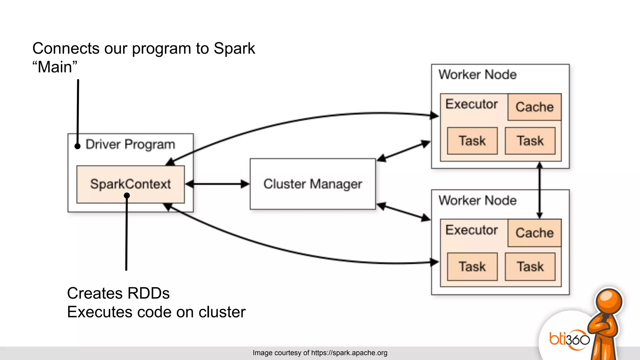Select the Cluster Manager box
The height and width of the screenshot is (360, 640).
tap(312, 184)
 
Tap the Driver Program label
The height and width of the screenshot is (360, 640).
tap(130, 144)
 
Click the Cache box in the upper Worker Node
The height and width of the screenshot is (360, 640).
tap(534, 107)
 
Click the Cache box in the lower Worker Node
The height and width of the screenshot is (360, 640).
tap(534, 233)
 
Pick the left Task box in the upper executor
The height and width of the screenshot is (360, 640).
tap(472, 141)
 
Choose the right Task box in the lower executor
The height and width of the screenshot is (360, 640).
tap(530, 267)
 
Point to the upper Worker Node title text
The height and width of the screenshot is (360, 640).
tap(477, 75)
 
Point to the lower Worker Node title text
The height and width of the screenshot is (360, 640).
tap(477, 200)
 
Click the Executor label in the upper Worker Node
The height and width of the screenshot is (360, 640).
tap(471, 104)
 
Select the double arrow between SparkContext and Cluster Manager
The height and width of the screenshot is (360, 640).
tap(217, 184)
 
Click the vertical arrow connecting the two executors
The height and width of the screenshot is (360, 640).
tap(539, 190)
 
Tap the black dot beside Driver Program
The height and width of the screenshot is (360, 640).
tap(77, 146)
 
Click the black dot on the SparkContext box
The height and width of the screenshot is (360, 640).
tap(127, 196)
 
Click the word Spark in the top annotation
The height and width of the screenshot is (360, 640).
tap(234, 48)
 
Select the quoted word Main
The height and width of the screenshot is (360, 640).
tap(55, 67)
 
